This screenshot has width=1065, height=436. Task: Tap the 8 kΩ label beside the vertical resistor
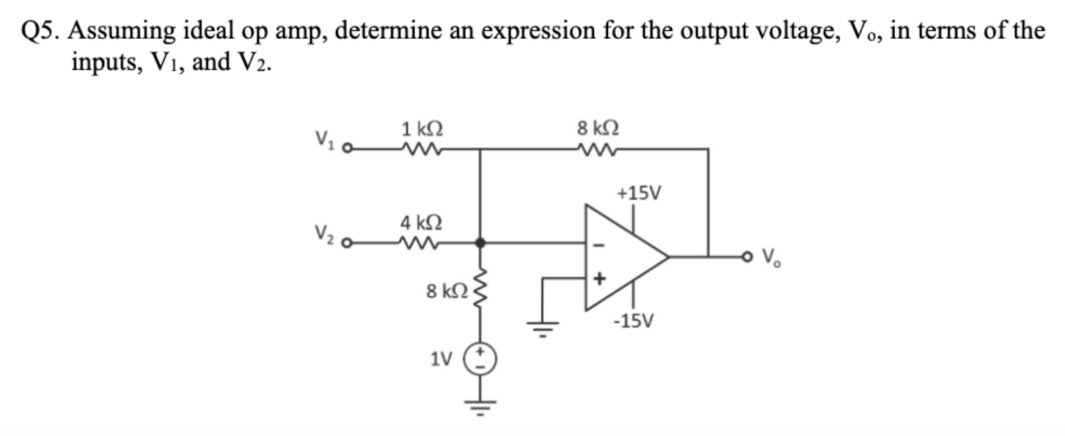pyautogui.click(x=447, y=291)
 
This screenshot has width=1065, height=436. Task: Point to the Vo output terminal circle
pyautogui.click(x=750, y=257)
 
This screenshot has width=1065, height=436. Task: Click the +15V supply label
pyautogui.click(x=639, y=194)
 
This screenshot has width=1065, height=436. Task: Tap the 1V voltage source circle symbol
pyautogui.click(x=480, y=359)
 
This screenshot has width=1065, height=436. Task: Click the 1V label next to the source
pyautogui.click(x=440, y=360)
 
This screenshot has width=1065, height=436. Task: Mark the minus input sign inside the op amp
pyautogui.click(x=599, y=247)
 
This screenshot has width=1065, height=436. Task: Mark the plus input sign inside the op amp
pyautogui.click(x=599, y=279)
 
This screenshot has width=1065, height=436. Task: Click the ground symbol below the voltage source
pyautogui.click(x=480, y=406)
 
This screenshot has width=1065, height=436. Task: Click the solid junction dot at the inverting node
pyautogui.click(x=480, y=242)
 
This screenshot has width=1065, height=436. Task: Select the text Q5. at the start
pyautogui.click(x=41, y=32)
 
